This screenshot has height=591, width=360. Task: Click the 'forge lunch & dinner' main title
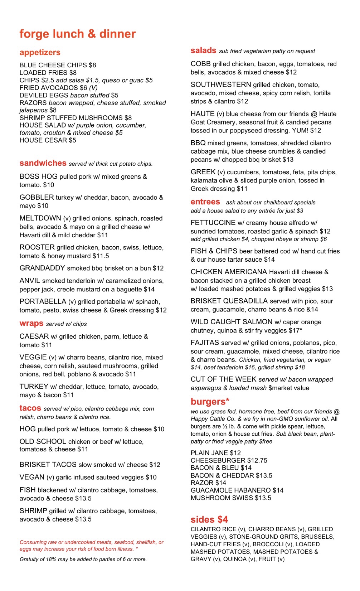point(77,34)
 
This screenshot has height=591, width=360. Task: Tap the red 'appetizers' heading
point(40,53)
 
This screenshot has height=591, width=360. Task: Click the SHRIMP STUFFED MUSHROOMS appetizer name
point(71,118)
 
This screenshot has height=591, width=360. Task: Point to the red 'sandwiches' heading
point(43,163)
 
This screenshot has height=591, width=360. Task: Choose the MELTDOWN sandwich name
point(40,218)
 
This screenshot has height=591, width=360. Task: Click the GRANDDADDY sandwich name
point(42,268)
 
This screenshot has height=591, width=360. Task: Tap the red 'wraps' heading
point(31,324)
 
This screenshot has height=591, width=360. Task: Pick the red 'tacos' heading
point(30,408)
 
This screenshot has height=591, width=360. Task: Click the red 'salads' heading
point(203,50)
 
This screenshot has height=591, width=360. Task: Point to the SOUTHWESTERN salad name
point(221,85)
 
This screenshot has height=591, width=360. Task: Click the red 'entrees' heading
point(205,202)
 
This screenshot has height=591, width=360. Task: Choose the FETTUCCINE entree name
point(213,223)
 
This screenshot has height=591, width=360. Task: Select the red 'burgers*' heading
point(210,402)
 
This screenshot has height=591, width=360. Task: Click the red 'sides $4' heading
point(209,519)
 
